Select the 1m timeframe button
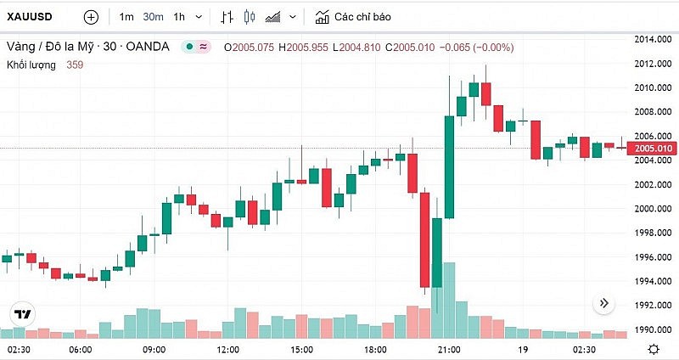click(126, 17)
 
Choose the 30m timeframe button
click(153, 17)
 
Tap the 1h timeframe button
click(178, 17)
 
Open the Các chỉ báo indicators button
click(352, 17)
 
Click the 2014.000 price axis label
click(654, 39)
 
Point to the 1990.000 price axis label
click(654, 329)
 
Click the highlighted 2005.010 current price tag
click(654, 149)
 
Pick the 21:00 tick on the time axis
click(448, 349)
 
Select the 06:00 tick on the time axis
click(81, 349)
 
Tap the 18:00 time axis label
click(375, 349)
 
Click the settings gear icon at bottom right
click(654, 349)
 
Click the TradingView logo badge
click(23, 315)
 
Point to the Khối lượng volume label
click(32, 64)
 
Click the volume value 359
click(75, 64)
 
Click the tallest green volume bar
click(449, 301)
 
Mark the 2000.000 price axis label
click(654, 209)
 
